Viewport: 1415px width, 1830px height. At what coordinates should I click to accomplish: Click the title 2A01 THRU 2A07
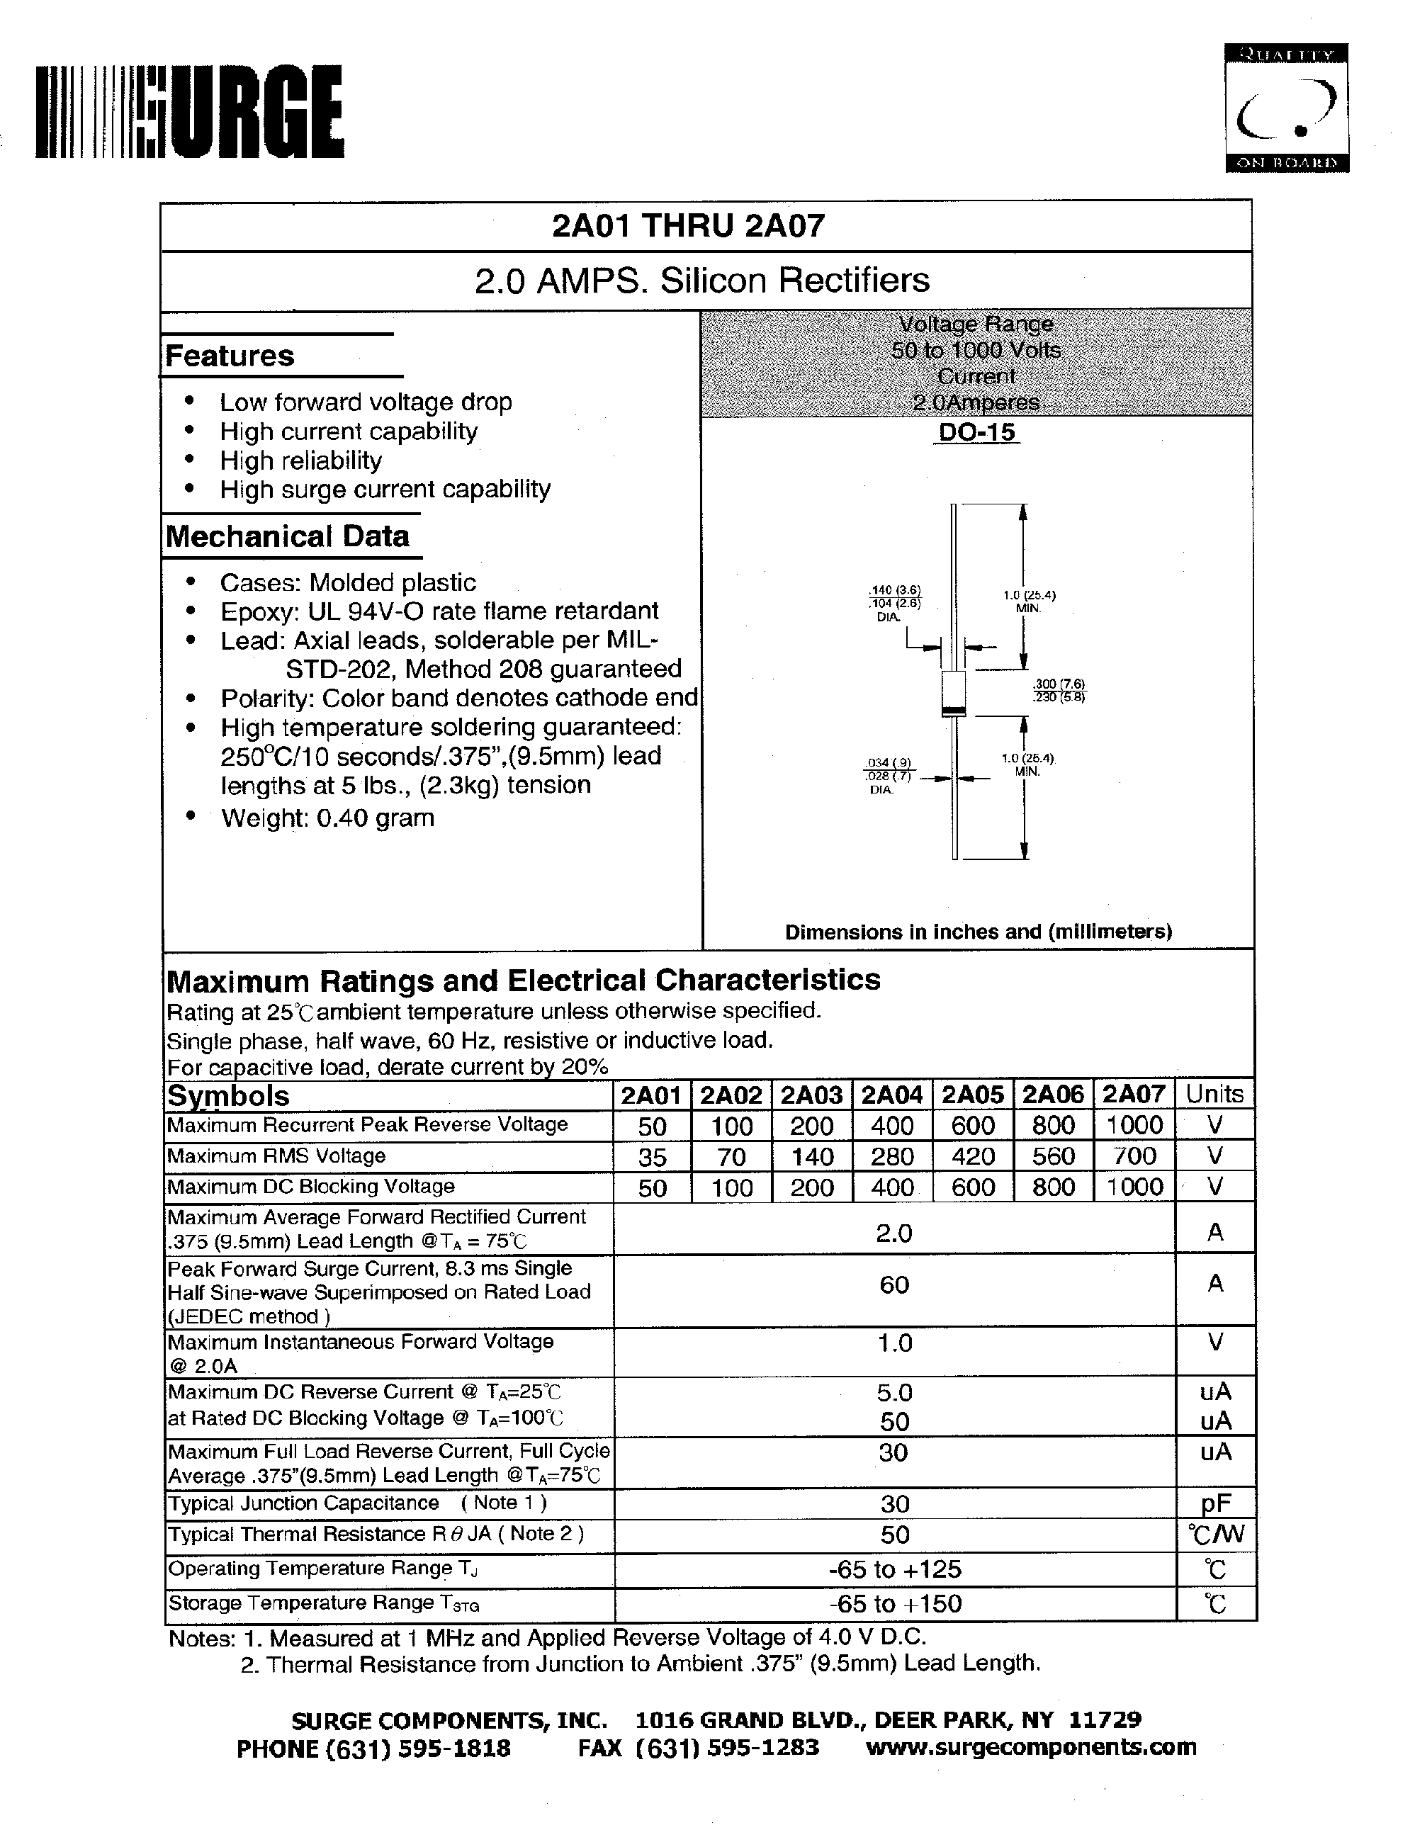point(688,225)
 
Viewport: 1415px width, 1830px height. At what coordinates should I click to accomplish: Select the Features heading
point(230,356)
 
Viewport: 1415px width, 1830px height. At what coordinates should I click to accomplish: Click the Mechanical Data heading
point(288,536)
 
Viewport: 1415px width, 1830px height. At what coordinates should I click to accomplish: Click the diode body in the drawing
point(954,692)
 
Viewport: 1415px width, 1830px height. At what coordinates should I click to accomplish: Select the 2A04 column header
point(891,1095)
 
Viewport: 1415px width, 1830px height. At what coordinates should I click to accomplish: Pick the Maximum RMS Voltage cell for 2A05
point(972,1156)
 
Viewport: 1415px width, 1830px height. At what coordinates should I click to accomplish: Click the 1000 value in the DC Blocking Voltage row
point(1134,1187)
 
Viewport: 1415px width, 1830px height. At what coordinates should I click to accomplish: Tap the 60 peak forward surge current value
point(894,1284)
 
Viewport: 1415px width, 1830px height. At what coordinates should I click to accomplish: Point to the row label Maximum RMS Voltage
point(276,1156)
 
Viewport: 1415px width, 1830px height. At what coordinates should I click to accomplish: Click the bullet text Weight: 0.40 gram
point(327,818)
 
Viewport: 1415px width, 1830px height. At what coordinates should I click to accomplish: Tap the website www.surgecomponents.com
point(1030,1746)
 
